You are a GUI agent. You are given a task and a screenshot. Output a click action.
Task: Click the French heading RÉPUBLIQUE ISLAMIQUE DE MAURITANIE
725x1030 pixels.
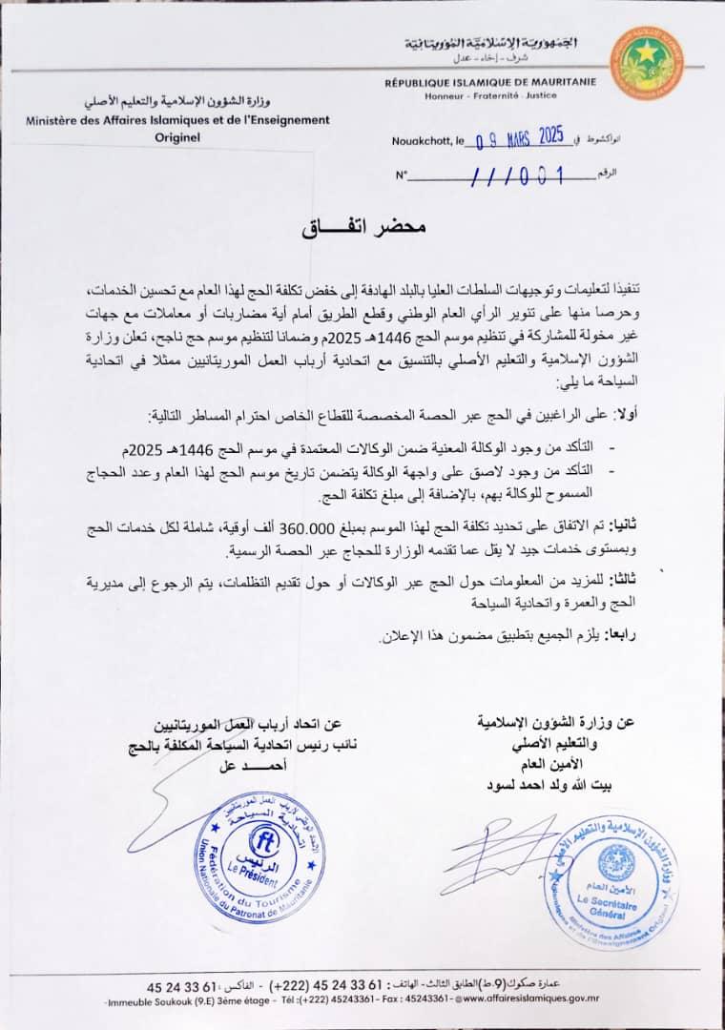click(490, 83)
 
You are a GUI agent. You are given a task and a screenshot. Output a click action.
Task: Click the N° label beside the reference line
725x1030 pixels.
click(401, 175)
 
